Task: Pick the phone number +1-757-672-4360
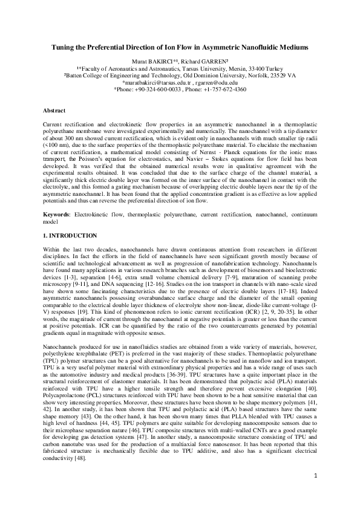[227, 89]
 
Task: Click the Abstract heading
[54, 111]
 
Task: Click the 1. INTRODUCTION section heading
[70, 218]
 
